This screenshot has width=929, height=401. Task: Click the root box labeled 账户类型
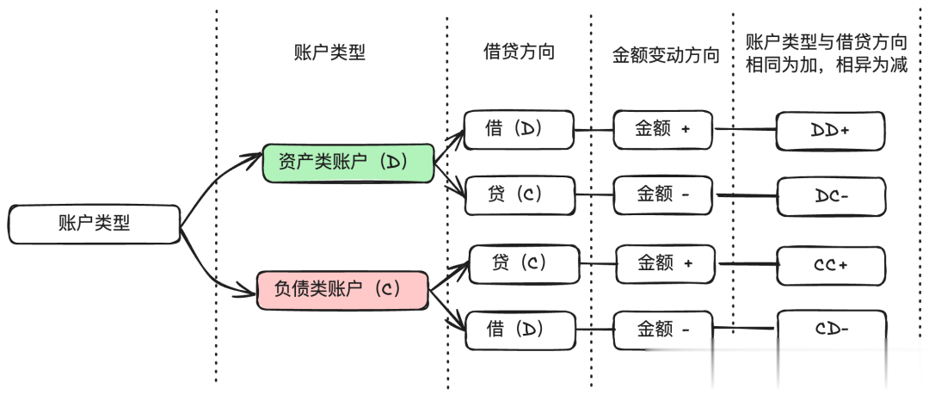(x=95, y=224)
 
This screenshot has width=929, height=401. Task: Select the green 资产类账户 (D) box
(x=348, y=163)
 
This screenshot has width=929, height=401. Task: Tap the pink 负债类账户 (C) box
(x=342, y=290)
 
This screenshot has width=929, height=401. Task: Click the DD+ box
(x=831, y=130)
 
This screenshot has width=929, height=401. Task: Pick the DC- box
(x=831, y=196)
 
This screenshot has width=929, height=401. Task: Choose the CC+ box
(x=831, y=265)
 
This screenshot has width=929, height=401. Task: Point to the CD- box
(x=832, y=329)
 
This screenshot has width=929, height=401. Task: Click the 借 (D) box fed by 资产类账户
(x=519, y=129)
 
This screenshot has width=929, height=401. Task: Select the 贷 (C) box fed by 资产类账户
(x=520, y=194)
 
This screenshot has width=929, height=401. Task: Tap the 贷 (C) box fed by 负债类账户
(x=524, y=263)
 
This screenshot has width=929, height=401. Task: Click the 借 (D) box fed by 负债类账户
(x=520, y=330)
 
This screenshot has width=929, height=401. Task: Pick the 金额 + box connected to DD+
(x=663, y=129)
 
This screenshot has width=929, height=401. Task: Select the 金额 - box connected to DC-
(x=663, y=194)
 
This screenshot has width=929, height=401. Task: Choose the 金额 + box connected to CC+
(x=665, y=263)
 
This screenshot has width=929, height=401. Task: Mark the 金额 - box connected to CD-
(x=663, y=330)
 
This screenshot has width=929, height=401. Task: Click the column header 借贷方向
(x=519, y=52)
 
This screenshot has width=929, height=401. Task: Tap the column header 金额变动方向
(x=666, y=55)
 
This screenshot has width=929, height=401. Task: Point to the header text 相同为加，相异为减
(x=827, y=65)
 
